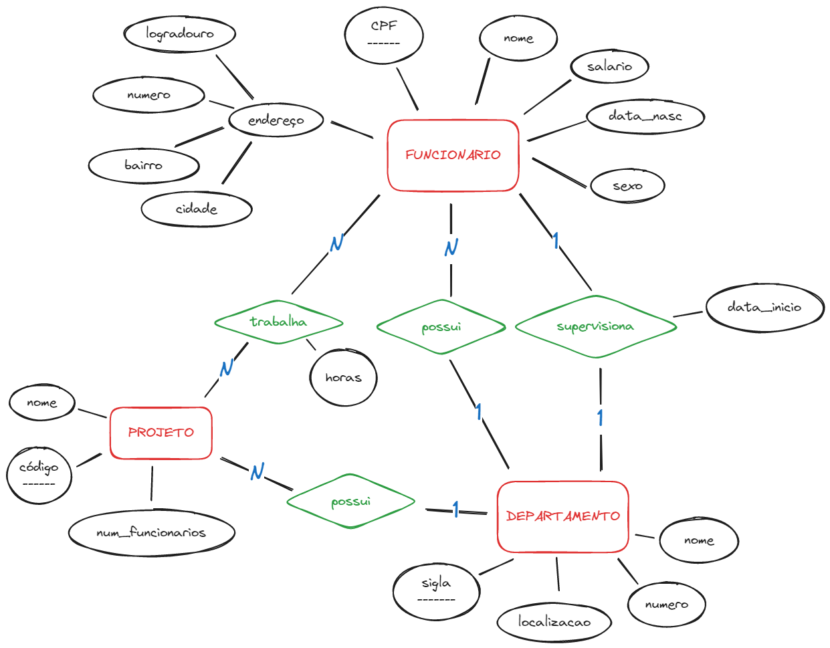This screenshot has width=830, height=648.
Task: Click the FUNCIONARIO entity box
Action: point(453,155)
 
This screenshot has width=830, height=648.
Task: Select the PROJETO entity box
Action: point(161,433)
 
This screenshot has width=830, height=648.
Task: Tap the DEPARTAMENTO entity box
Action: point(562,516)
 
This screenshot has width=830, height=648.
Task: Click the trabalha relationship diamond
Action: point(278,322)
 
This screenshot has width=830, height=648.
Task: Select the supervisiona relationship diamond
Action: point(595,327)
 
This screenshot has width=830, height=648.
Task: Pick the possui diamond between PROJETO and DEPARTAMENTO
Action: point(350,502)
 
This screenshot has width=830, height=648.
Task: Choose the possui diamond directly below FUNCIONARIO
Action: point(441,328)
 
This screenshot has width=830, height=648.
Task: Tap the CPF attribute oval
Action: point(384,35)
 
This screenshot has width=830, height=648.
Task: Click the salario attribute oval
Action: point(609,66)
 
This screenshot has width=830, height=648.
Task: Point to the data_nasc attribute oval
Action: point(645,116)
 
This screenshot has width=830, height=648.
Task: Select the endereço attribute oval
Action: point(276,121)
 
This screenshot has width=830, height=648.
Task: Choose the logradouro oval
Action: point(180,33)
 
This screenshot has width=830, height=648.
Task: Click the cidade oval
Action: point(196,209)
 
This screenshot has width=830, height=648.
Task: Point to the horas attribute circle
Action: point(343,378)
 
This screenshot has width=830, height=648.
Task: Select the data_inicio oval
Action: point(764,308)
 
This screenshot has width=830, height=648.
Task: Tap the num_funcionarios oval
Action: point(151,533)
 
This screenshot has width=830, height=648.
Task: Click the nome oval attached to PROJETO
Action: point(41,403)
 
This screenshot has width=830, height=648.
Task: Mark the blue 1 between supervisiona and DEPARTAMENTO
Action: point(600,418)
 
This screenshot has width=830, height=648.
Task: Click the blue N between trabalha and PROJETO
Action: point(226,367)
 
